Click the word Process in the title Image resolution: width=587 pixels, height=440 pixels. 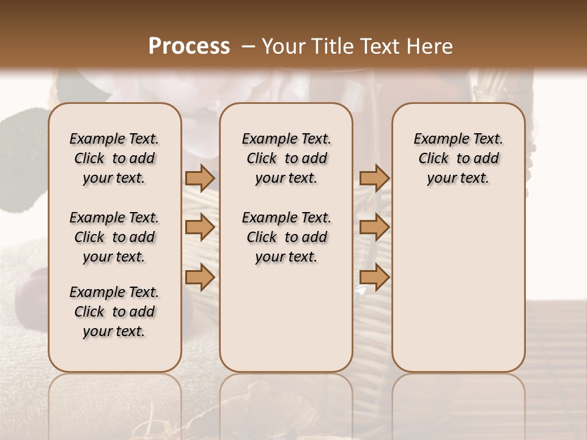point(189,46)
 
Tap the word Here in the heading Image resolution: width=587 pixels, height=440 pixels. point(430,46)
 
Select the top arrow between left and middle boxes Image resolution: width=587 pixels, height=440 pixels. point(200,178)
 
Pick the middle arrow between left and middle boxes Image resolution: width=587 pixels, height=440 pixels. point(200,228)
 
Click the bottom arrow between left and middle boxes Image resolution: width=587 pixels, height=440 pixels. point(200,277)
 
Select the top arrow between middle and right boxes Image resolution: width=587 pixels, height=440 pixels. point(374,178)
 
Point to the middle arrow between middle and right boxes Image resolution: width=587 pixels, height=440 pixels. point(374,228)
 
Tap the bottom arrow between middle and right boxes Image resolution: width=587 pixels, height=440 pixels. point(374,277)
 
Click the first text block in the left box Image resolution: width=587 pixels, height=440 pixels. point(114,158)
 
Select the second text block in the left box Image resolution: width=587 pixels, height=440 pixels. point(114,237)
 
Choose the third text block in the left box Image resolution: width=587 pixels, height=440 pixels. point(114,312)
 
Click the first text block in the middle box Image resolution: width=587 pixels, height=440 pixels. point(287,158)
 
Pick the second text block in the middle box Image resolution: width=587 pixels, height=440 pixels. point(287,237)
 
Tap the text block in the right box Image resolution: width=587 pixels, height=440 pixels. point(459,158)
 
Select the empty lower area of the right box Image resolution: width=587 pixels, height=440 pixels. point(459,287)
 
